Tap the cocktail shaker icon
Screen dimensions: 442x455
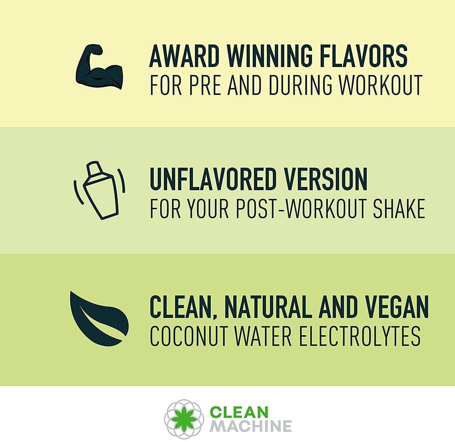pos(100,190)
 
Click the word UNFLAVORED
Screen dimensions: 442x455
pos(213,179)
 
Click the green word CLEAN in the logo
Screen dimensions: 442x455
pos(239,412)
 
